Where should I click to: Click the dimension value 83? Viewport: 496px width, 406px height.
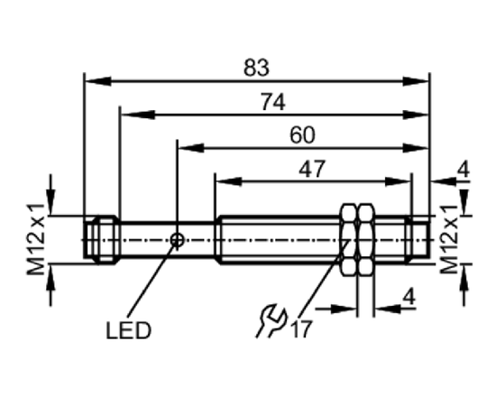point(256,68)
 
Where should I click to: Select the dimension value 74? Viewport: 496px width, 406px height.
point(272,102)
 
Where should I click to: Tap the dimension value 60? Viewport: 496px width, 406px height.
point(302,135)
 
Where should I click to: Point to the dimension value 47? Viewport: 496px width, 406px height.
point(312,169)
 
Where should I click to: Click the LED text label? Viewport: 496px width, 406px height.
point(128,331)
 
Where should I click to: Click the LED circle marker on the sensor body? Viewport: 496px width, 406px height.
point(177,240)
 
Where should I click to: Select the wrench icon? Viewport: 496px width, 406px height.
point(271,321)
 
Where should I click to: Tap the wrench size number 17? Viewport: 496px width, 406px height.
point(301,329)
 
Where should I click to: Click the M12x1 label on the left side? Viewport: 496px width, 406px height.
point(35,240)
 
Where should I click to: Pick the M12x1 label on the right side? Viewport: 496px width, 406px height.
point(449,239)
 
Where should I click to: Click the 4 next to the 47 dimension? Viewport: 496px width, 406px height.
point(464,171)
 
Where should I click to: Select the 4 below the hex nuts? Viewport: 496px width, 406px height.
point(409,298)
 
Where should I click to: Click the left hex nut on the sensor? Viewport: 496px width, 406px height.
point(348,240)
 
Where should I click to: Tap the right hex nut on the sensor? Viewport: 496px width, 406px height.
point(366,240)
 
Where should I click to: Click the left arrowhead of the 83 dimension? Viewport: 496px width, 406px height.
point(98,81)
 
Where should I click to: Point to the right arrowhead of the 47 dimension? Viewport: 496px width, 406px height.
point(398,181)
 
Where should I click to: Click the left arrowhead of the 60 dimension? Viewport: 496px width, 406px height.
point(191,148)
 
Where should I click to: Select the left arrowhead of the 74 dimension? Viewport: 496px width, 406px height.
point(137,115)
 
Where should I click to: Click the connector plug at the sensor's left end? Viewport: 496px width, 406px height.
point(101,240)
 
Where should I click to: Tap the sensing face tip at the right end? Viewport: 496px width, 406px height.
point(418,240)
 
